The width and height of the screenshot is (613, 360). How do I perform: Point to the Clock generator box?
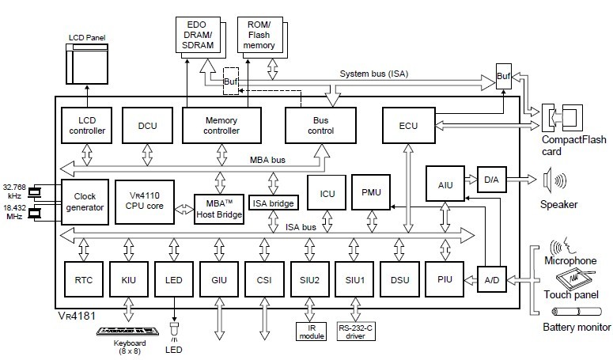pos(83,202)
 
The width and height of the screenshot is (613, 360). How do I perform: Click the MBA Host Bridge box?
pos(218,208)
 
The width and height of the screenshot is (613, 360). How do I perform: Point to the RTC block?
pos(83,279)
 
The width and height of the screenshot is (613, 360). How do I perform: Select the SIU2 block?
pos(308,279)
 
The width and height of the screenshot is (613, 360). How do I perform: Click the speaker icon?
pos(553,181)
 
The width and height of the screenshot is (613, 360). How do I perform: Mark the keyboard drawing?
pos(127,329)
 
